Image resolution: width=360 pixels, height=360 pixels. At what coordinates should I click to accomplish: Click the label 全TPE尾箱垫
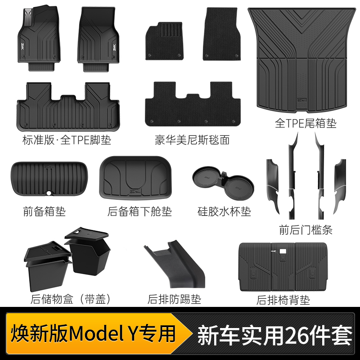click(x=306, y=123)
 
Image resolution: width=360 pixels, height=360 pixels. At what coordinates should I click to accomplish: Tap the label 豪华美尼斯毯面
click(x=192, y=140)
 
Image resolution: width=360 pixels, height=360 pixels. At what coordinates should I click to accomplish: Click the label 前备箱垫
click(x=44, y=211)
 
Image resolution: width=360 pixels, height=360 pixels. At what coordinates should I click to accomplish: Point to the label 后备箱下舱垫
click(x=140, y=211)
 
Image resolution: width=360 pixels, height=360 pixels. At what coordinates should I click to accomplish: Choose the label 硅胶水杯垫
click(x=224, y=211)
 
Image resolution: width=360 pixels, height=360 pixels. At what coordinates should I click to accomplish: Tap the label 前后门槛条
click(x=306, y=230)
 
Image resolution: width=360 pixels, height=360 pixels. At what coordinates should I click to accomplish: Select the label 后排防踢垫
click(x=174, y=299)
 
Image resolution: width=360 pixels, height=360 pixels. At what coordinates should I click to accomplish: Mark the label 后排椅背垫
click(x=283, y=300)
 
